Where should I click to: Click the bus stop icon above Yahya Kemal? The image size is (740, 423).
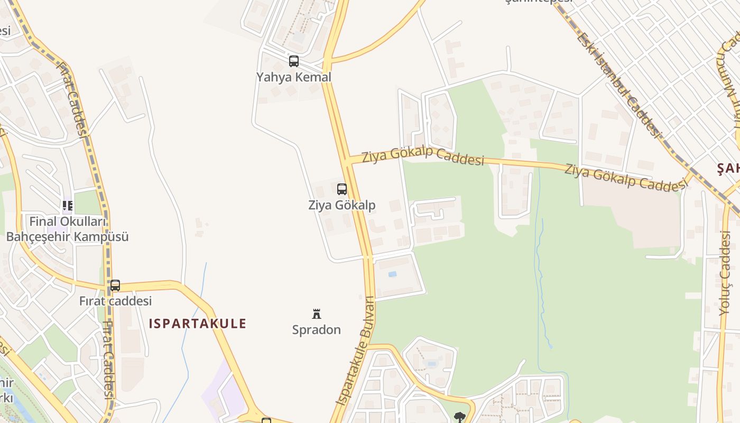pyautogui.click(x=294, y=61)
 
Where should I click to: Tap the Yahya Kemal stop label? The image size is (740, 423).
pyautogui.click(x=294, y=77)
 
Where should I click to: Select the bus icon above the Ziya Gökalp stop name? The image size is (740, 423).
pyautogui.click(x=342, y=189)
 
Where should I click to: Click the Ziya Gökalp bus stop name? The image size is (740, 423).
pyautogui.click(x=342, y=205)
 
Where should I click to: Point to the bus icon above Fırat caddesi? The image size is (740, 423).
pyautogui.click(x=115, y=286)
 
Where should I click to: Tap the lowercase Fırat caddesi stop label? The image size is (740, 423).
pyautogui.click(x=115, y=301)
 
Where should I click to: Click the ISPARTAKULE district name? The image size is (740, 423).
pyautogui.click(x=198, y=324)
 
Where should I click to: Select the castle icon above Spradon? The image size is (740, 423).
pyautogui.click(x=317, y=314)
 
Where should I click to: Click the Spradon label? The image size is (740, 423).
pyautogui.click(x=317, y=330)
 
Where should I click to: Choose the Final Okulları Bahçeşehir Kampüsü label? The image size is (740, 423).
pyautogui.click(x=68, y=228)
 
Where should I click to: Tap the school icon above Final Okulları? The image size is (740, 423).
pyautogui.click(x=67, y=205)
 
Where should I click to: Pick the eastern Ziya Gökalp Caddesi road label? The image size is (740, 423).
pyautogui.click(x=625, y=177)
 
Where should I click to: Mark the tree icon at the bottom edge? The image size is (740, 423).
pyautogui.click(x=459, y=417)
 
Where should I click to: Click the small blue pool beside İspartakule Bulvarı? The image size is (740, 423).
pyautogui.click(x=392, y=274)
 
